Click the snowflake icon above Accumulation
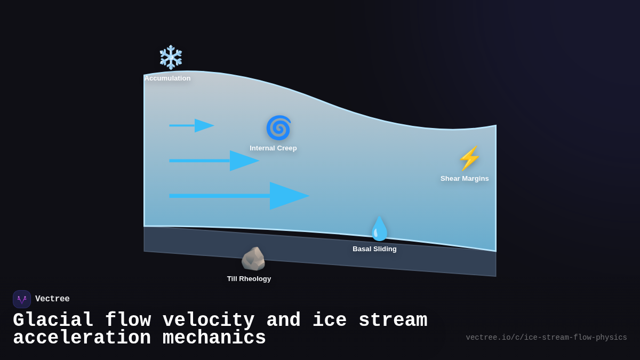point(171,57)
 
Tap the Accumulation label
point(167,78)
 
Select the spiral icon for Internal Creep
point(278,128)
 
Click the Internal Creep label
point(273,148)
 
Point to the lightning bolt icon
point(469,158)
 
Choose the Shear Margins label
point(465,179)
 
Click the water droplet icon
point(380,229)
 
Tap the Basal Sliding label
point(374,249)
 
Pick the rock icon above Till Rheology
point(253,259)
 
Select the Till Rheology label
point(249,279)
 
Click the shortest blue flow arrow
point(191,126)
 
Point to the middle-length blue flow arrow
point(213,161)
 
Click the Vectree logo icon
point(22,299)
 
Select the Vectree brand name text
point(52,299)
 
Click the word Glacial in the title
point(53,321)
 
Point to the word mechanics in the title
point(214,338)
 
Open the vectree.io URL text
point(546,338)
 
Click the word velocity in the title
point(209,321)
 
